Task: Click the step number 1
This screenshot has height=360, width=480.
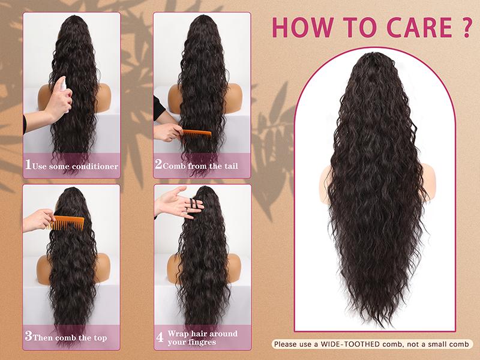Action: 28,165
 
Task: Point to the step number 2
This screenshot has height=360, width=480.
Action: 159,165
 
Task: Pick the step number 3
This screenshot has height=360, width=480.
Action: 28,337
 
